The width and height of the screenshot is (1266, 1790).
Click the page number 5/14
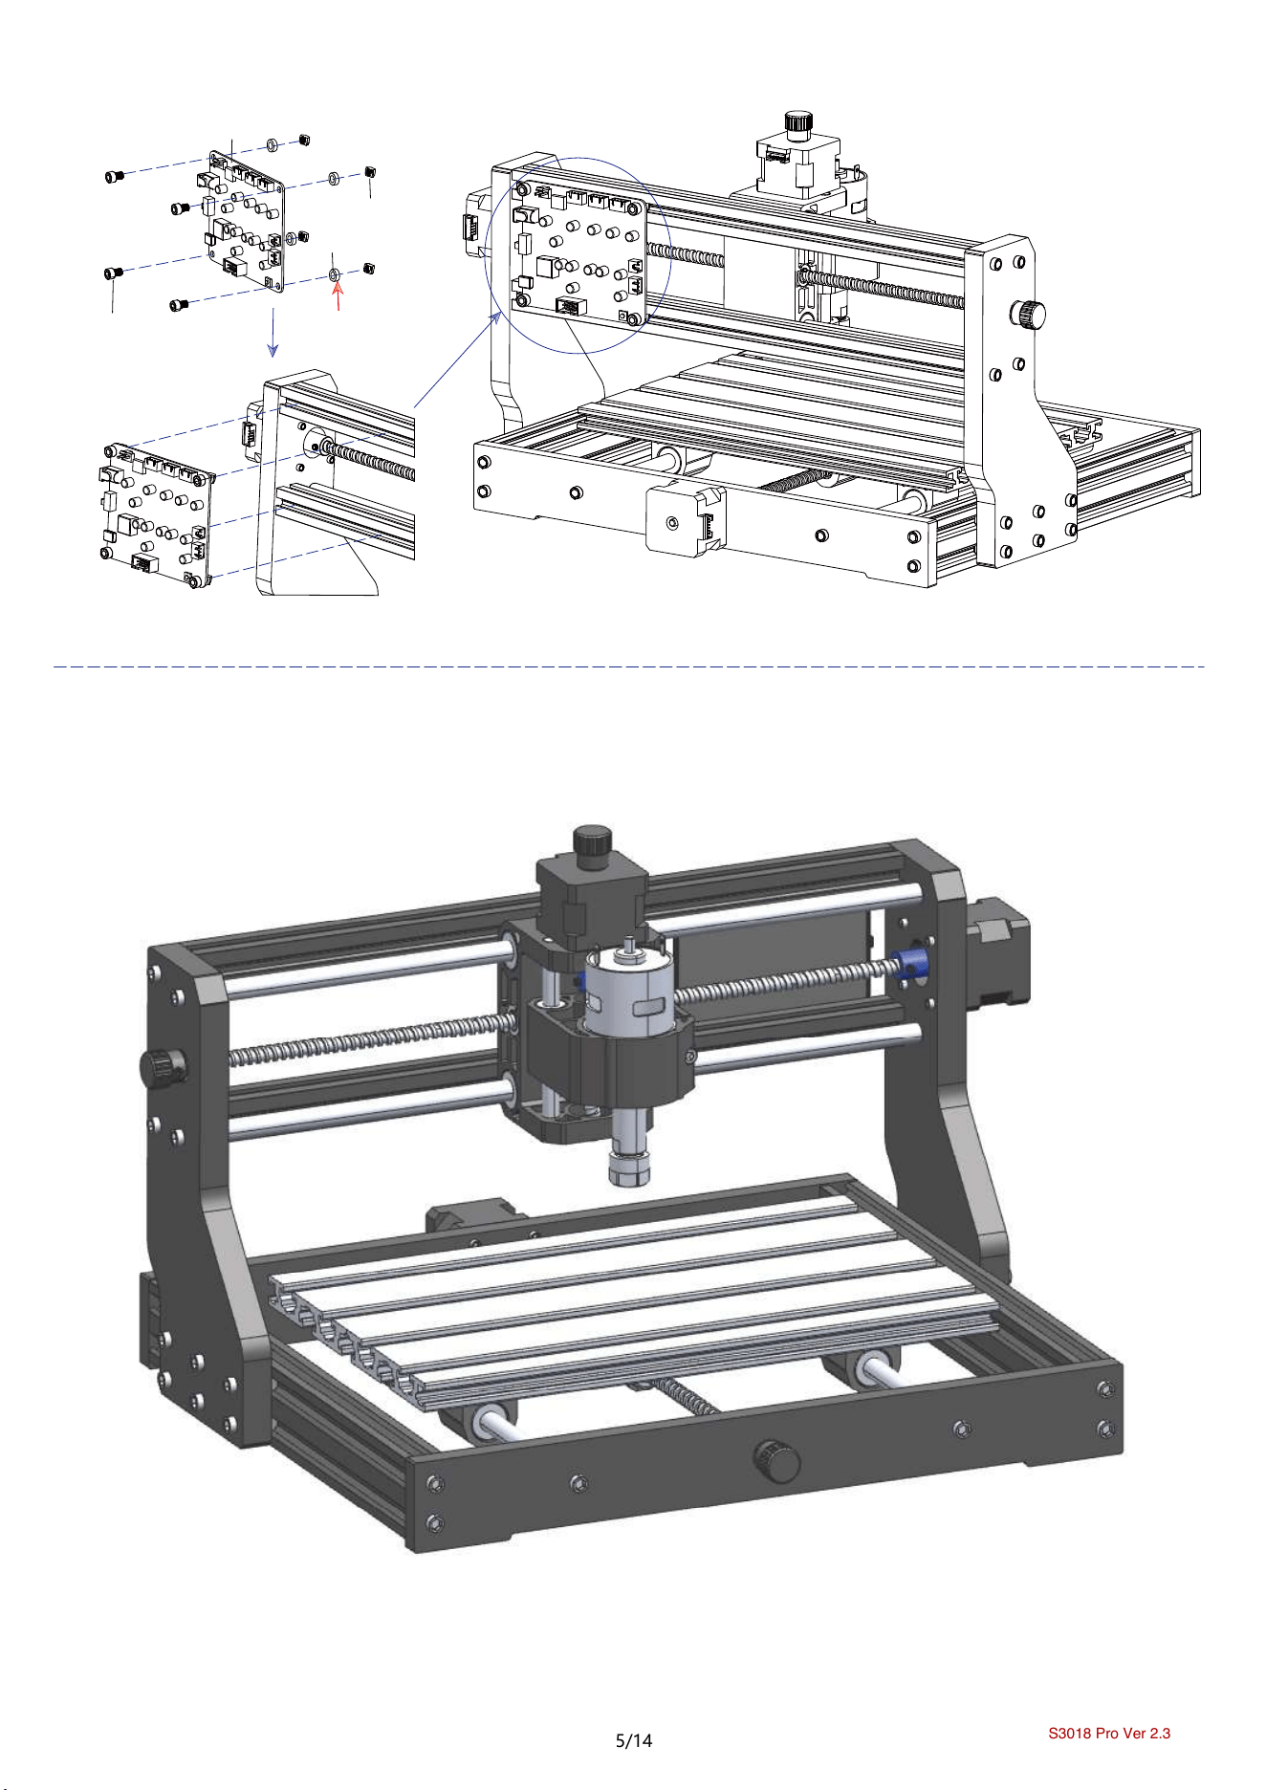pos(633,1740)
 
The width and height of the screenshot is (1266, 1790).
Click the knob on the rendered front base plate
pos(777,1459)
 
